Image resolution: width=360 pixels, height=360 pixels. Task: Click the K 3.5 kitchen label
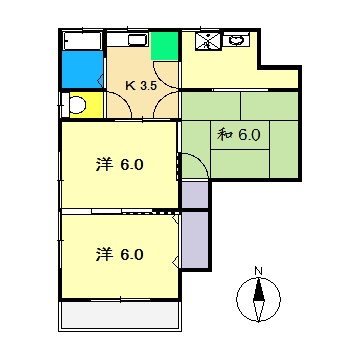point(141,85)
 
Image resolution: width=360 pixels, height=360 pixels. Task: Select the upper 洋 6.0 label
point(121,164)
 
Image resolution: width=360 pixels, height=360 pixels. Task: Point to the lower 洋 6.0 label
point(121,253)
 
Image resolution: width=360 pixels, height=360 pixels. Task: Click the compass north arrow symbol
point(258,298)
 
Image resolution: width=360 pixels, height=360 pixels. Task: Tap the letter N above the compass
point(258,271)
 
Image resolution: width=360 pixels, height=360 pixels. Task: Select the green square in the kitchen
point(164,46)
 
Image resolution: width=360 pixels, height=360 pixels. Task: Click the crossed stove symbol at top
point(208,41)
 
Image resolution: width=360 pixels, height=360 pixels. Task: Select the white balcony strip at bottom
point(120,314)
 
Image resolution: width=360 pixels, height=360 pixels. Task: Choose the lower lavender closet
point(194,240)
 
